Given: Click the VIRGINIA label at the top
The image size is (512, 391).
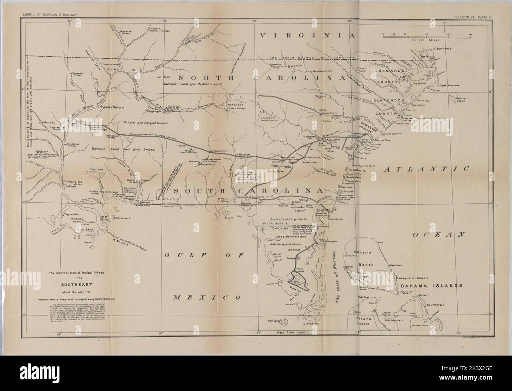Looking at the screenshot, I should click(308, 35).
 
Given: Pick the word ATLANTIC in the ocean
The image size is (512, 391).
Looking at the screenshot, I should click(427, 169).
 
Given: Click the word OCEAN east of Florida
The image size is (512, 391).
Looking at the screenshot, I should click(437, 235).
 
